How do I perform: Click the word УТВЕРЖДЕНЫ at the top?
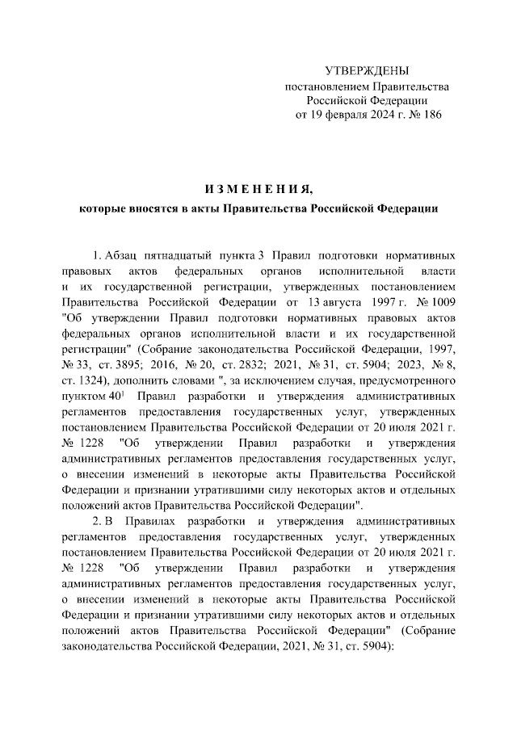pos(366,72)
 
